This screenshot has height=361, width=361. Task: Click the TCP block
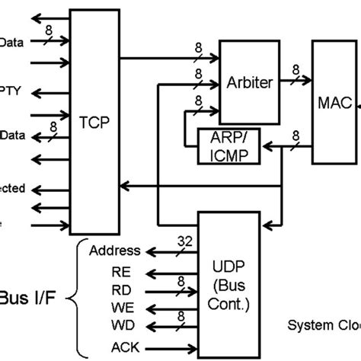point(95,120)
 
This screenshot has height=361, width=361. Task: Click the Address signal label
point(114,251)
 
